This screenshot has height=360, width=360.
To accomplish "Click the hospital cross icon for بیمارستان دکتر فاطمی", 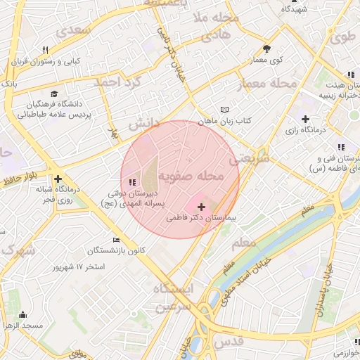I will point(202,207).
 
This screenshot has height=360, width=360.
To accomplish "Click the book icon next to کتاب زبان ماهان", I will point(224,110).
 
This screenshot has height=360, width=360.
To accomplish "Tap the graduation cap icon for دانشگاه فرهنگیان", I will point(54,93).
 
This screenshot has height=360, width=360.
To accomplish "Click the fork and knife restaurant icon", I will point(46,50).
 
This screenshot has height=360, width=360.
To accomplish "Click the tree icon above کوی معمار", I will point(266,49).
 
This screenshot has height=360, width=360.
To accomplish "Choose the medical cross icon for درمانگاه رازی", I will point(304,119).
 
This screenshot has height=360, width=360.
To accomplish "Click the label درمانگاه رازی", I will point(304,130).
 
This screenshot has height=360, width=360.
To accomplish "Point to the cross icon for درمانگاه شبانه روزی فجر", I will point(58,179).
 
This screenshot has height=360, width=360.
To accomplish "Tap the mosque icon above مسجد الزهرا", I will point(23,315).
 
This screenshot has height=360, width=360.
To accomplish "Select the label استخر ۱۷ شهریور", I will point(79,267).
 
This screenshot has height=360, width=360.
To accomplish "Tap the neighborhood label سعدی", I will point(76,32).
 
